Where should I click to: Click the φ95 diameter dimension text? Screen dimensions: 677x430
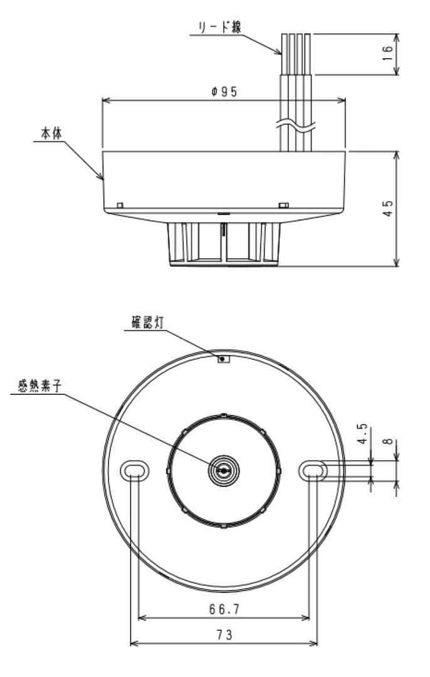tap(224, 92)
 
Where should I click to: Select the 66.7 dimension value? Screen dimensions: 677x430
tap(224, 609)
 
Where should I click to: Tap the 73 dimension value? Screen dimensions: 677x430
tap(224, 634)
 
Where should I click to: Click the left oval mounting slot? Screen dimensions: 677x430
tap(135, 469)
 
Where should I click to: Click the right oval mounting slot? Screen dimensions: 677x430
tap(313, 469)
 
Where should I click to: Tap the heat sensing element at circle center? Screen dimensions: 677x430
tap(224, 470)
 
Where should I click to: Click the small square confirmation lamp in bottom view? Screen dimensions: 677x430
tap(223, 359)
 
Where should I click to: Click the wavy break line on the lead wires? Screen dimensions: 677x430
tap(293, 125)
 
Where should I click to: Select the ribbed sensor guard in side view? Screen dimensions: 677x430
tap(224, 241)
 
